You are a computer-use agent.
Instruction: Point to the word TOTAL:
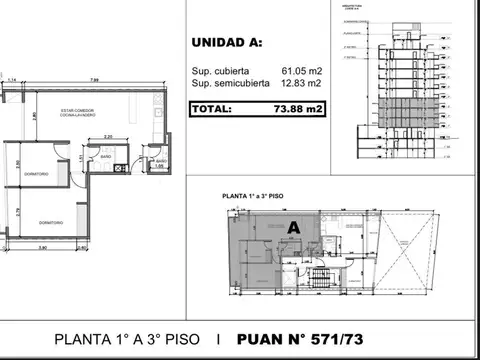coord(216,108)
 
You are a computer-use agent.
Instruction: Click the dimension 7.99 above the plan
coord(92,80)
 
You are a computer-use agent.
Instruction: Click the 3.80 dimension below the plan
coord(44,247)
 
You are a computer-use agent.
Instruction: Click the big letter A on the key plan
coord(294,226)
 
